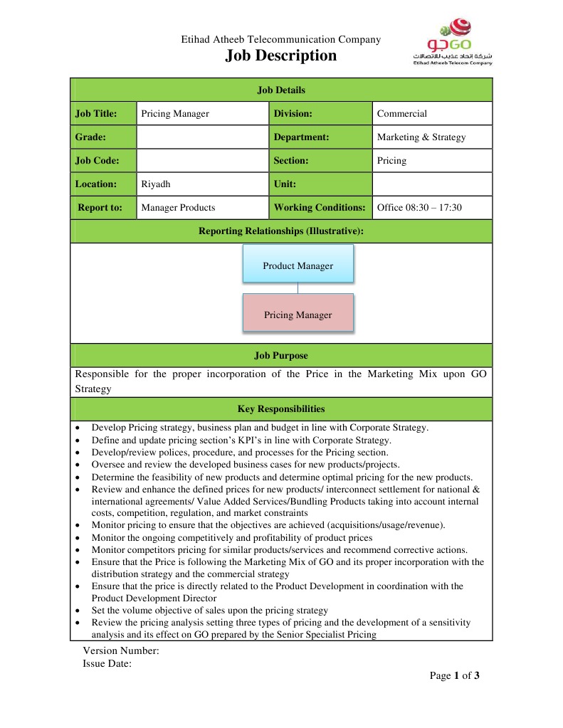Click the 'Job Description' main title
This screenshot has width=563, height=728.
[x=281, y=56]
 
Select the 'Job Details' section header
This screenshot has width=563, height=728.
[x=281, y=90]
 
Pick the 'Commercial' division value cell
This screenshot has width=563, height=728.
[x=431, y=113]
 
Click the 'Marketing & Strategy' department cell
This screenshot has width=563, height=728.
[x=431, y=137]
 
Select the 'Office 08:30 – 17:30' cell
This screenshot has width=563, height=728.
[x=431, y=207]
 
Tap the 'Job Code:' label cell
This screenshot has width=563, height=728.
[x=103, y=160]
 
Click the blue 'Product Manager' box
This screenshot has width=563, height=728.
[x=298, y=265]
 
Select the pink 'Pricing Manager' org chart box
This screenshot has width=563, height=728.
[x=298, y=314]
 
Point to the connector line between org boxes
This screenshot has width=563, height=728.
[x=298, y=287]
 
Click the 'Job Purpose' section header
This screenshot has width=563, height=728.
[x=281, y=355]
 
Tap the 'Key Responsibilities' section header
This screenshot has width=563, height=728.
[x=281, y=408]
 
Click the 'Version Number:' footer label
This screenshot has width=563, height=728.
[x=121, y=650]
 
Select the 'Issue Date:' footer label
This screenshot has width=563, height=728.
[x=107, y=663]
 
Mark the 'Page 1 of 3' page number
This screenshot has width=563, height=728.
[x=454, y=675]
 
